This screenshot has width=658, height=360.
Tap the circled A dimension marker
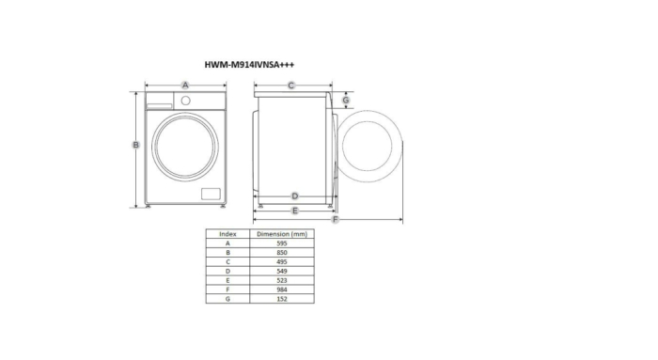[185, 86]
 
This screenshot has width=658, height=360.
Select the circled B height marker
[136, 145]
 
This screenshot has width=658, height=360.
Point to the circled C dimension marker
[291, 86]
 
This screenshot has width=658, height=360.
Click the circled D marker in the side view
[294, 196]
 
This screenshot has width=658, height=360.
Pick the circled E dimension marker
[294, 211]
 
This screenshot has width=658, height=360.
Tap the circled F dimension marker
[336, 220]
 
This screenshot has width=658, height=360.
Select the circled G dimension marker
[346, 100]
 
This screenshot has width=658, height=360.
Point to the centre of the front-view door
[186, 147]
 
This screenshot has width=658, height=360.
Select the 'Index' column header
[227, 233]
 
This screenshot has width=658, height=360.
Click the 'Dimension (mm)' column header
[282, 233]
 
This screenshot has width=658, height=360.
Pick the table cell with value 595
[282, 243]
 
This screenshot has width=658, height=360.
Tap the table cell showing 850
[282, 252]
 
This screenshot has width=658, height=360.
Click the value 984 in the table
[282, 290]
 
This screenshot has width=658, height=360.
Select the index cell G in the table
[227, 299]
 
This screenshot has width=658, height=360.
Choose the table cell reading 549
[282, 271]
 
